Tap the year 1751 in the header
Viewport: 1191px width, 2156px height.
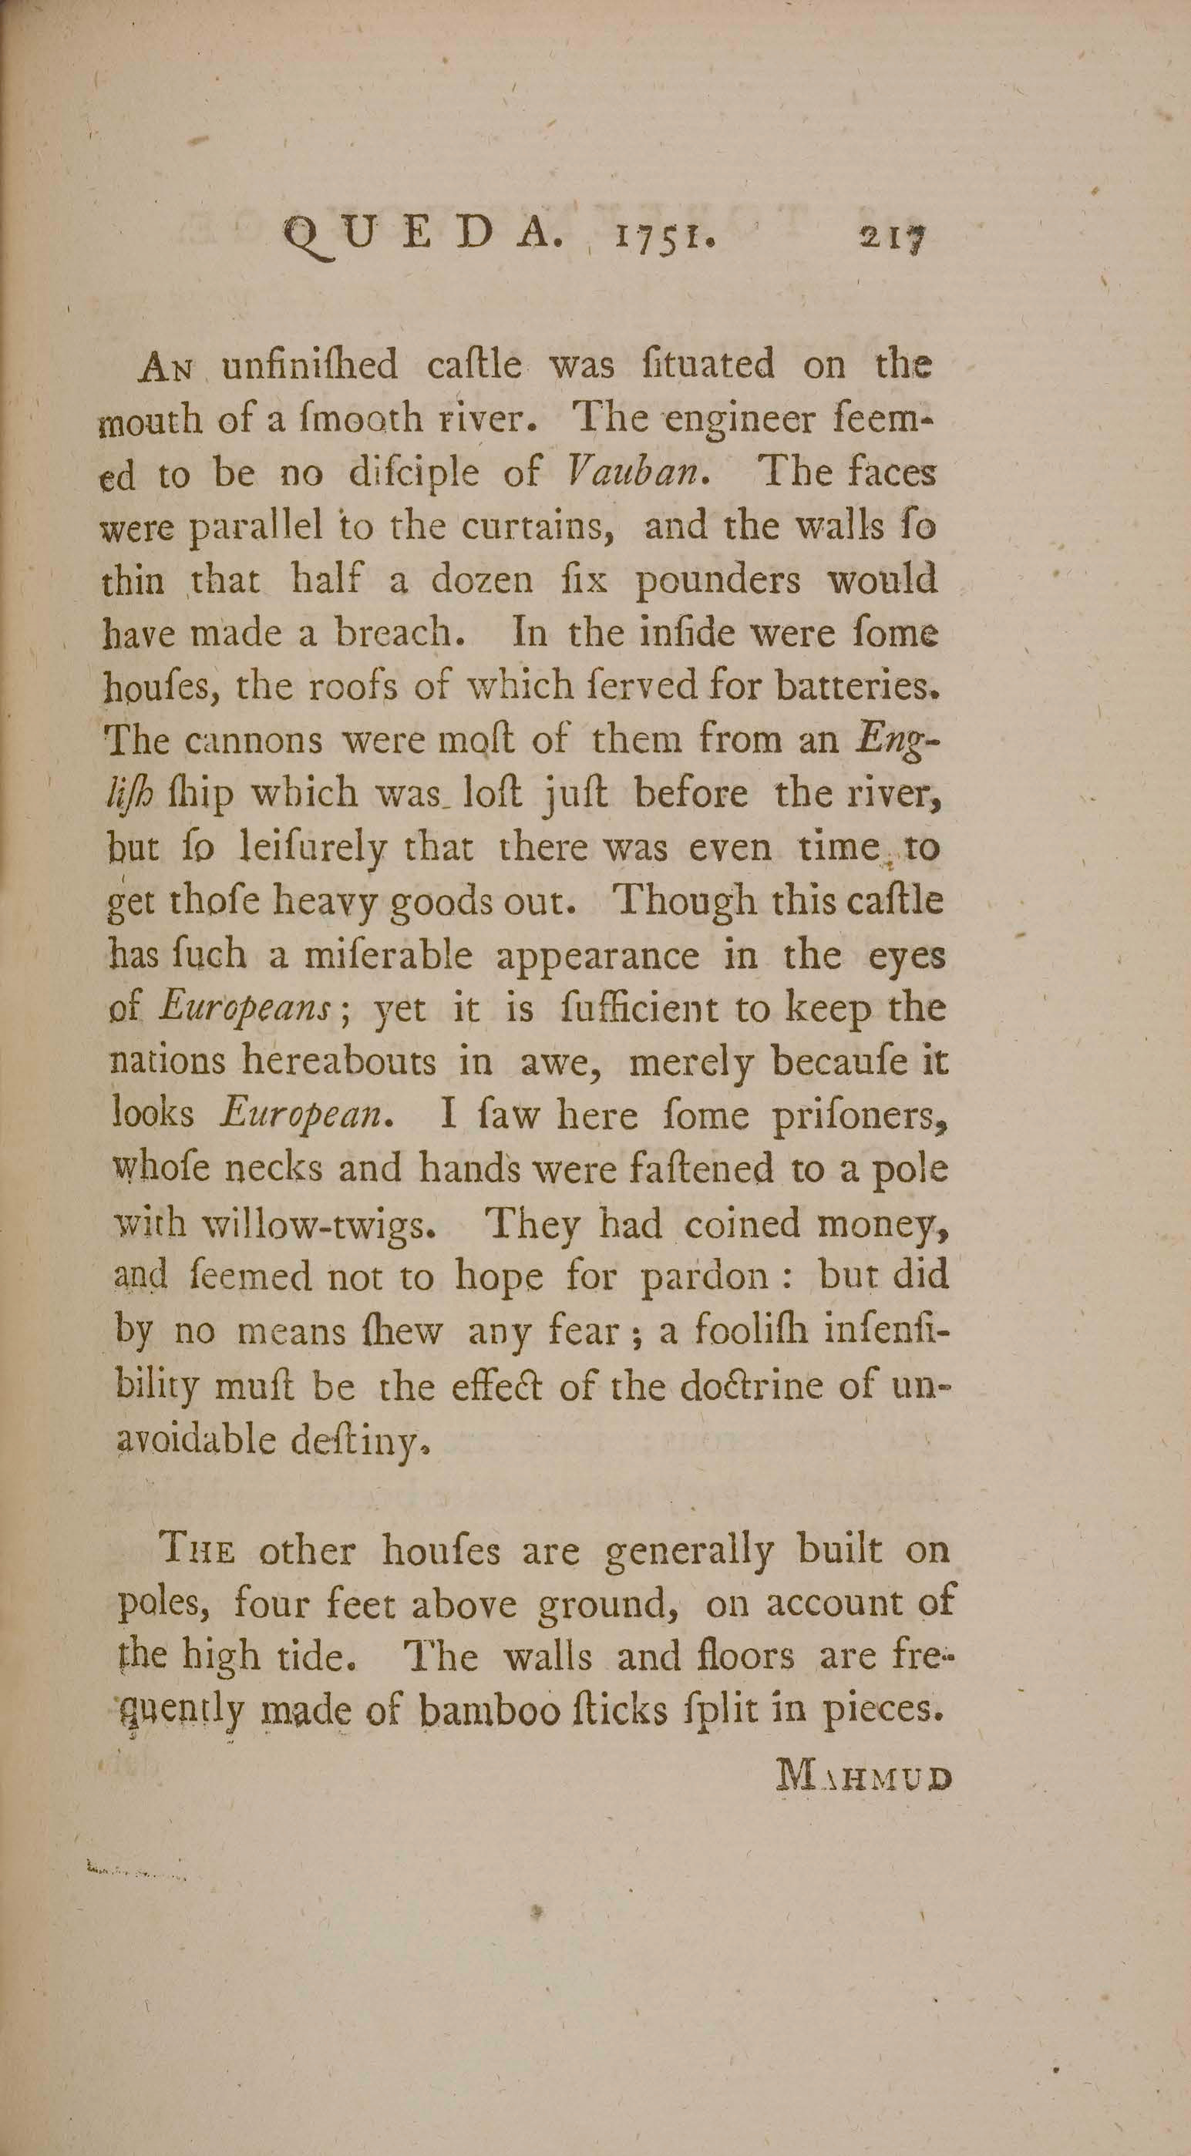pos(666,237)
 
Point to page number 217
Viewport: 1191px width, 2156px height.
pos(894,237)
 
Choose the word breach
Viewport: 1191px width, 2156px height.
pos(398,634)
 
